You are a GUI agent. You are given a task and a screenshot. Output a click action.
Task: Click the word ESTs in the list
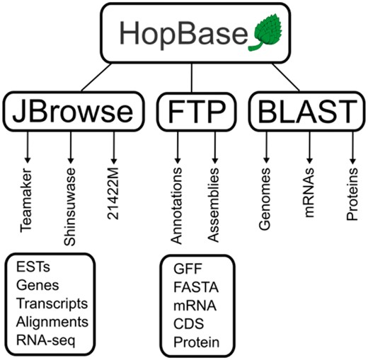tap(29, 267)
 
